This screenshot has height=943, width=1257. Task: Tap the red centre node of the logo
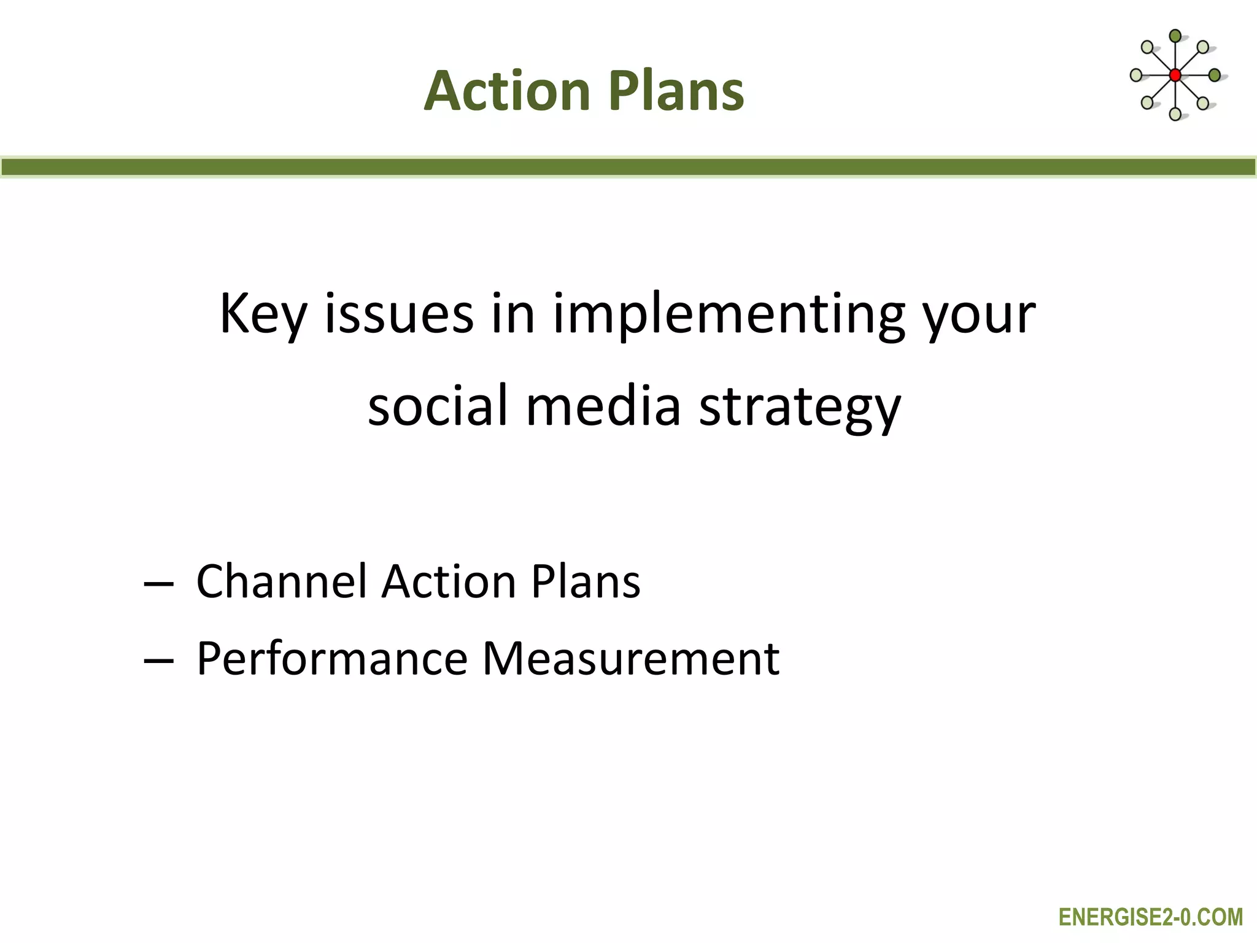[x=1175, y=76]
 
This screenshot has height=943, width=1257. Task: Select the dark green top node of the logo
[x=1175, y=36]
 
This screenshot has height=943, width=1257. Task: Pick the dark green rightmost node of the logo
[x=1214, y=76]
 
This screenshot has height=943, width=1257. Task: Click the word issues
[x=399, y=314]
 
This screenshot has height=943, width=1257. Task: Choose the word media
[x=603, y=406]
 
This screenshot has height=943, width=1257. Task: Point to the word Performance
[x=332, y=658]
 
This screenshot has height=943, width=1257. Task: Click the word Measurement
[x=630, y=658]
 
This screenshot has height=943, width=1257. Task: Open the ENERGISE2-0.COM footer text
[x=1151, y=917]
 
